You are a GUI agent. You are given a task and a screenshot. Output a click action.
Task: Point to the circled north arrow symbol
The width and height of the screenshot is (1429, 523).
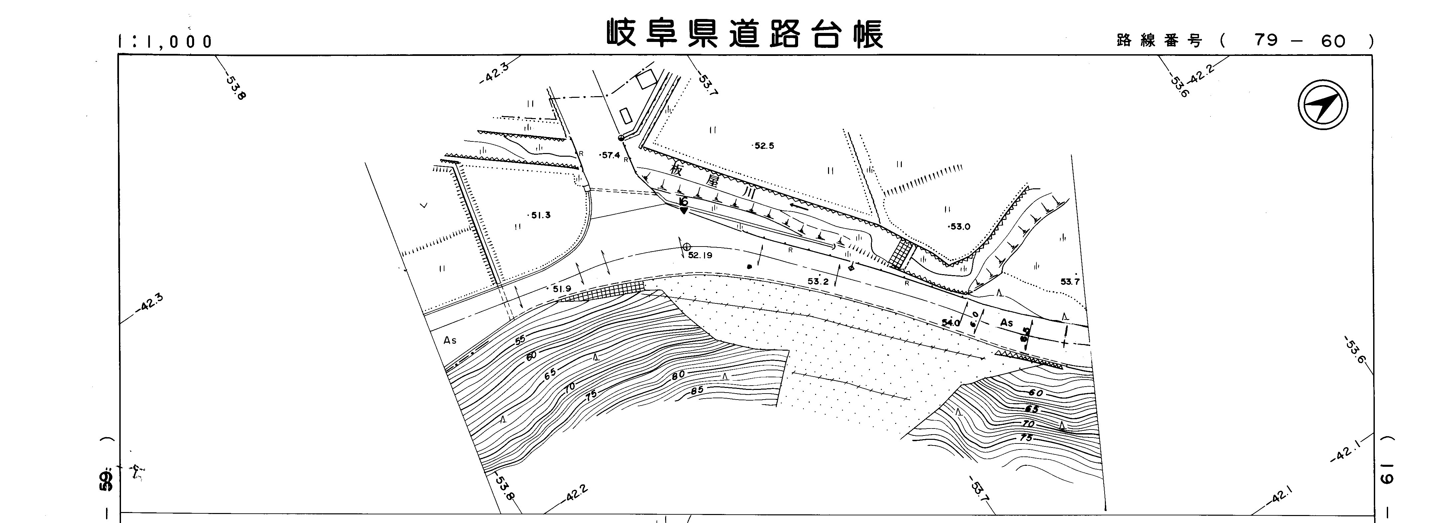[x=1323, y=105]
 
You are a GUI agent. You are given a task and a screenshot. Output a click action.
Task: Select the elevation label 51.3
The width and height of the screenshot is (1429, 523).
[x=540, y=215]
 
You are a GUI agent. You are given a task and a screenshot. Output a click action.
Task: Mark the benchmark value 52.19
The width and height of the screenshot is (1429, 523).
[x=700, y=256]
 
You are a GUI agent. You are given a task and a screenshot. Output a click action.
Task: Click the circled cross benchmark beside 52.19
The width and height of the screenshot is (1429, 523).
[x=687, y=247]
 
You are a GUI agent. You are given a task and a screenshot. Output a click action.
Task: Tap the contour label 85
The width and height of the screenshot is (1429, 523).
[x=697, y=390]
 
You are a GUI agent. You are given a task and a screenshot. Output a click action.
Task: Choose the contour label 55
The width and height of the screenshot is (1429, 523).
[x=520, y=340]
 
